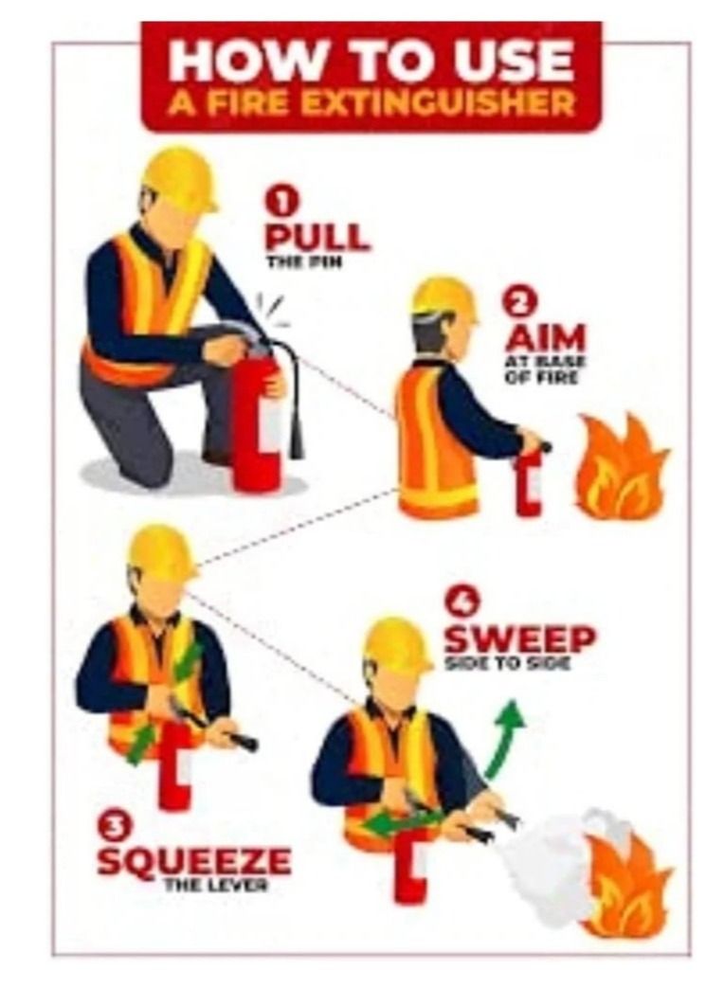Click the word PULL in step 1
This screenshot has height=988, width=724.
[x=317, y=236]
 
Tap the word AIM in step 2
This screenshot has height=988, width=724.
[x=546, y=338]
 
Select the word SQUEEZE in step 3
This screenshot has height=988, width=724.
[x=193, y=861]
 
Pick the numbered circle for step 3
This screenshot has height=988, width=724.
[x=114, y=828]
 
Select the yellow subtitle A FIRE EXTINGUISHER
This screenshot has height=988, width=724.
[x=371, y=103]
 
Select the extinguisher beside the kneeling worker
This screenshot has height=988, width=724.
[x=257, y=423]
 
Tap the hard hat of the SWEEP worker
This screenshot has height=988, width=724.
[x=399, y=643]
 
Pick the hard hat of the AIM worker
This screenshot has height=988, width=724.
[x=443, y=298]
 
